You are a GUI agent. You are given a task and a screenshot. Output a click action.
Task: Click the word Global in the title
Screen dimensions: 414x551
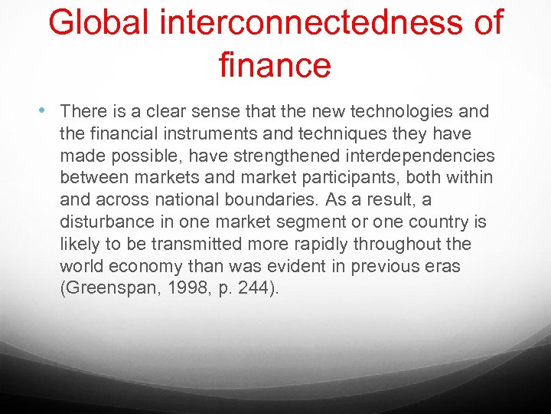(x=99, y=23)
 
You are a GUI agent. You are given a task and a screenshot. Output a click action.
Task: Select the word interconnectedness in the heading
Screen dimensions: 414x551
(x=311, y=23)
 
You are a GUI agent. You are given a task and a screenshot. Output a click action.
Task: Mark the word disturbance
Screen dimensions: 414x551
(x=108, y=222)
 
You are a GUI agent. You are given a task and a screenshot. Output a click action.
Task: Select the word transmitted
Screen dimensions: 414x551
(x=191, y=245)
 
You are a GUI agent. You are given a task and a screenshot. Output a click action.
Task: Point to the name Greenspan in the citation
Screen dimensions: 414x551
(x=107, y=289)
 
